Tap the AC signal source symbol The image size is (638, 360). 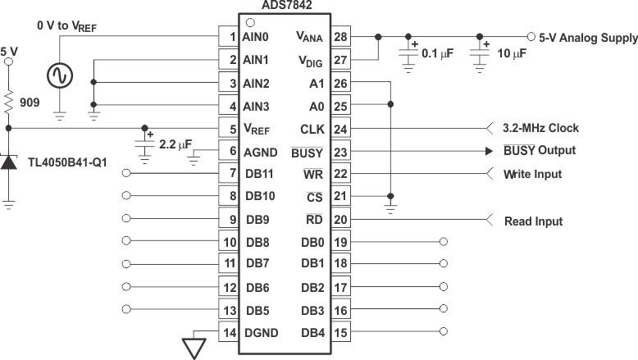coord(60,75)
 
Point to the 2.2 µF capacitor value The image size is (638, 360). coord(175,145)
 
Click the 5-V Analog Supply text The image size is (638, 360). coord(587,38)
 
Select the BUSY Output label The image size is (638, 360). coord(539,151)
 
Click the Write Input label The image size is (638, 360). coord(531,174)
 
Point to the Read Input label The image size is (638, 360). coord(533,221)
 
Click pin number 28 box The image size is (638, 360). coord(340,37)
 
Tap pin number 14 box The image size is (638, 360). coord(229,332)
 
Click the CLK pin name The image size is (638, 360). coord(312,129)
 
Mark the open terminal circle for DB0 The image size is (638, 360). coord(444,242)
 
